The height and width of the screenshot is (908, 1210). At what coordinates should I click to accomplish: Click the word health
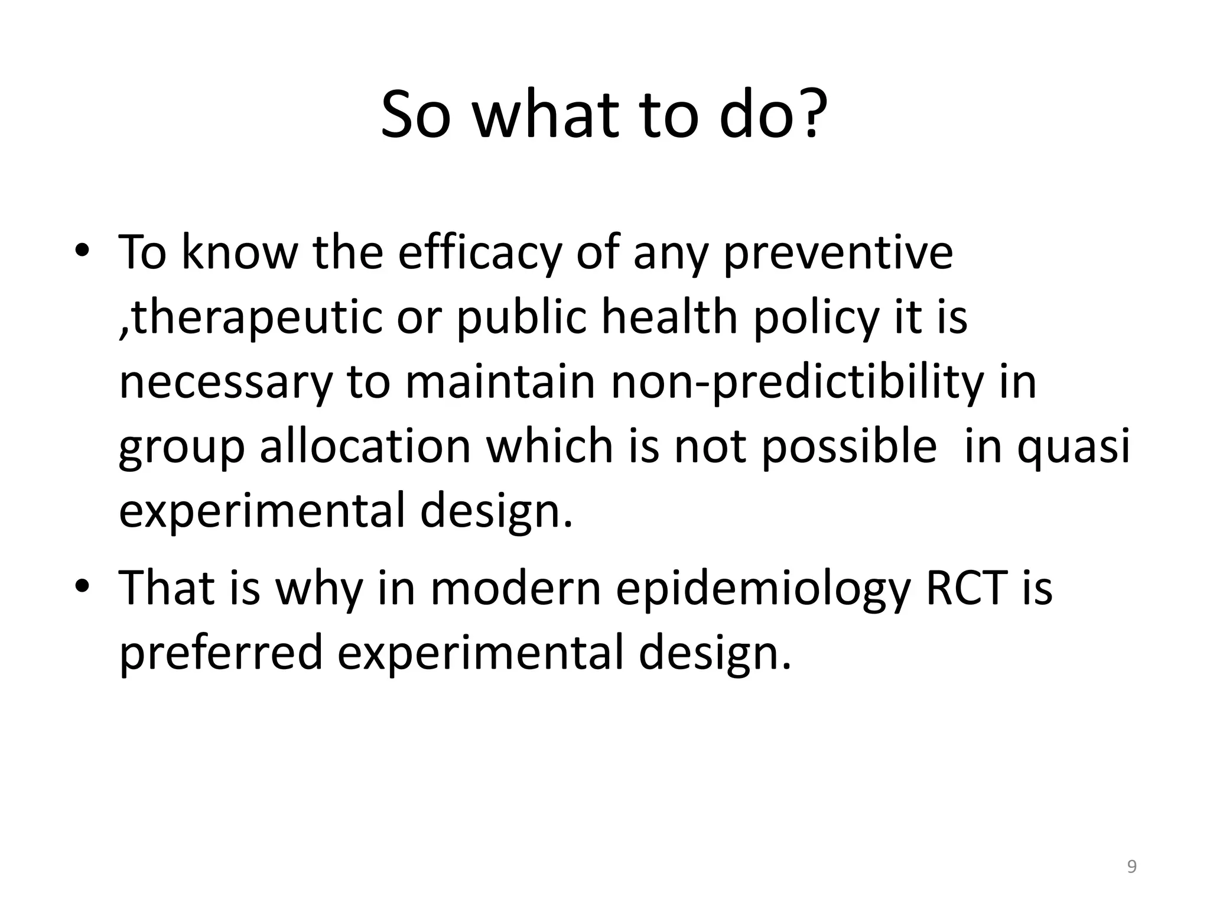click(x=670, y=317)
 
